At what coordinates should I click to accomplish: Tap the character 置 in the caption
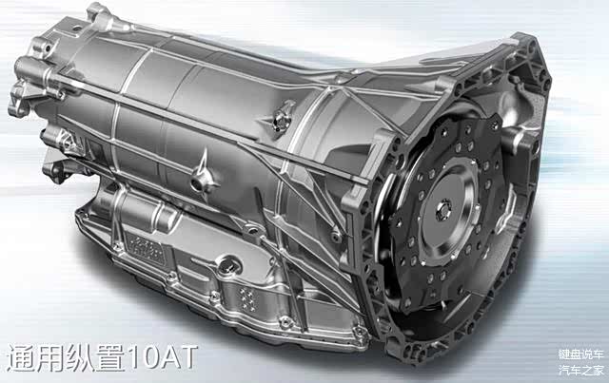[110, 357]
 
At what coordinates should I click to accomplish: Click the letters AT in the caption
[180, 357]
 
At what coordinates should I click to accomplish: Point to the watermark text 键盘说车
[581, 354]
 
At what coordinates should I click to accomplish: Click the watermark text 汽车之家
[581, 371]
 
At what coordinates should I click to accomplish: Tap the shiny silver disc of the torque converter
[446, 212]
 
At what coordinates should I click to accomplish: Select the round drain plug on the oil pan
[229, 265]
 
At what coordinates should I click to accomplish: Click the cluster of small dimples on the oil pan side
[247, 298]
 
